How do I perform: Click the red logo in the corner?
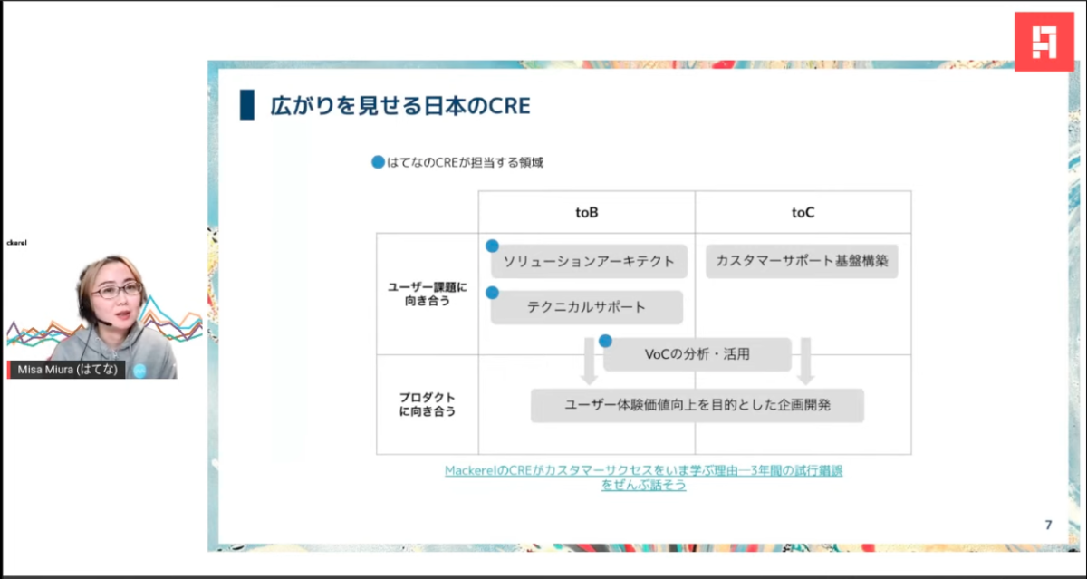coord(1044,42)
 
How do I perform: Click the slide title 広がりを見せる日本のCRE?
coord(399,105)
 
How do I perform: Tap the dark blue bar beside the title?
coord(246,105)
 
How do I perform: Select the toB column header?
coord(586,212)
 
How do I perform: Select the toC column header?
coord(803,212)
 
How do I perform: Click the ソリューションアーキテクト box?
coord(589,261)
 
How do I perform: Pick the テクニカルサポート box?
coord(586,307)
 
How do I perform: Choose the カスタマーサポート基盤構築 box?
coord(802,261)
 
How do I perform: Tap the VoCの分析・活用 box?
coord(697,354)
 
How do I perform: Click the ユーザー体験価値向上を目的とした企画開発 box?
coord(697,405)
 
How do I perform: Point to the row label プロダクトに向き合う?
coord(428,404)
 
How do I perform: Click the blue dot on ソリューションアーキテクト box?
coord(493,246)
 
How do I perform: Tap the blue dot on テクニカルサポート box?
coord(493,293)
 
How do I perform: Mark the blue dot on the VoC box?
coord(605,341)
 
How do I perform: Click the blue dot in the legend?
coord(378,163)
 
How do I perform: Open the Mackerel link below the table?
coord(643,478)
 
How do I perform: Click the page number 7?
coord(1048,526)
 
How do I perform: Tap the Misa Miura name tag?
coord(68,370)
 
